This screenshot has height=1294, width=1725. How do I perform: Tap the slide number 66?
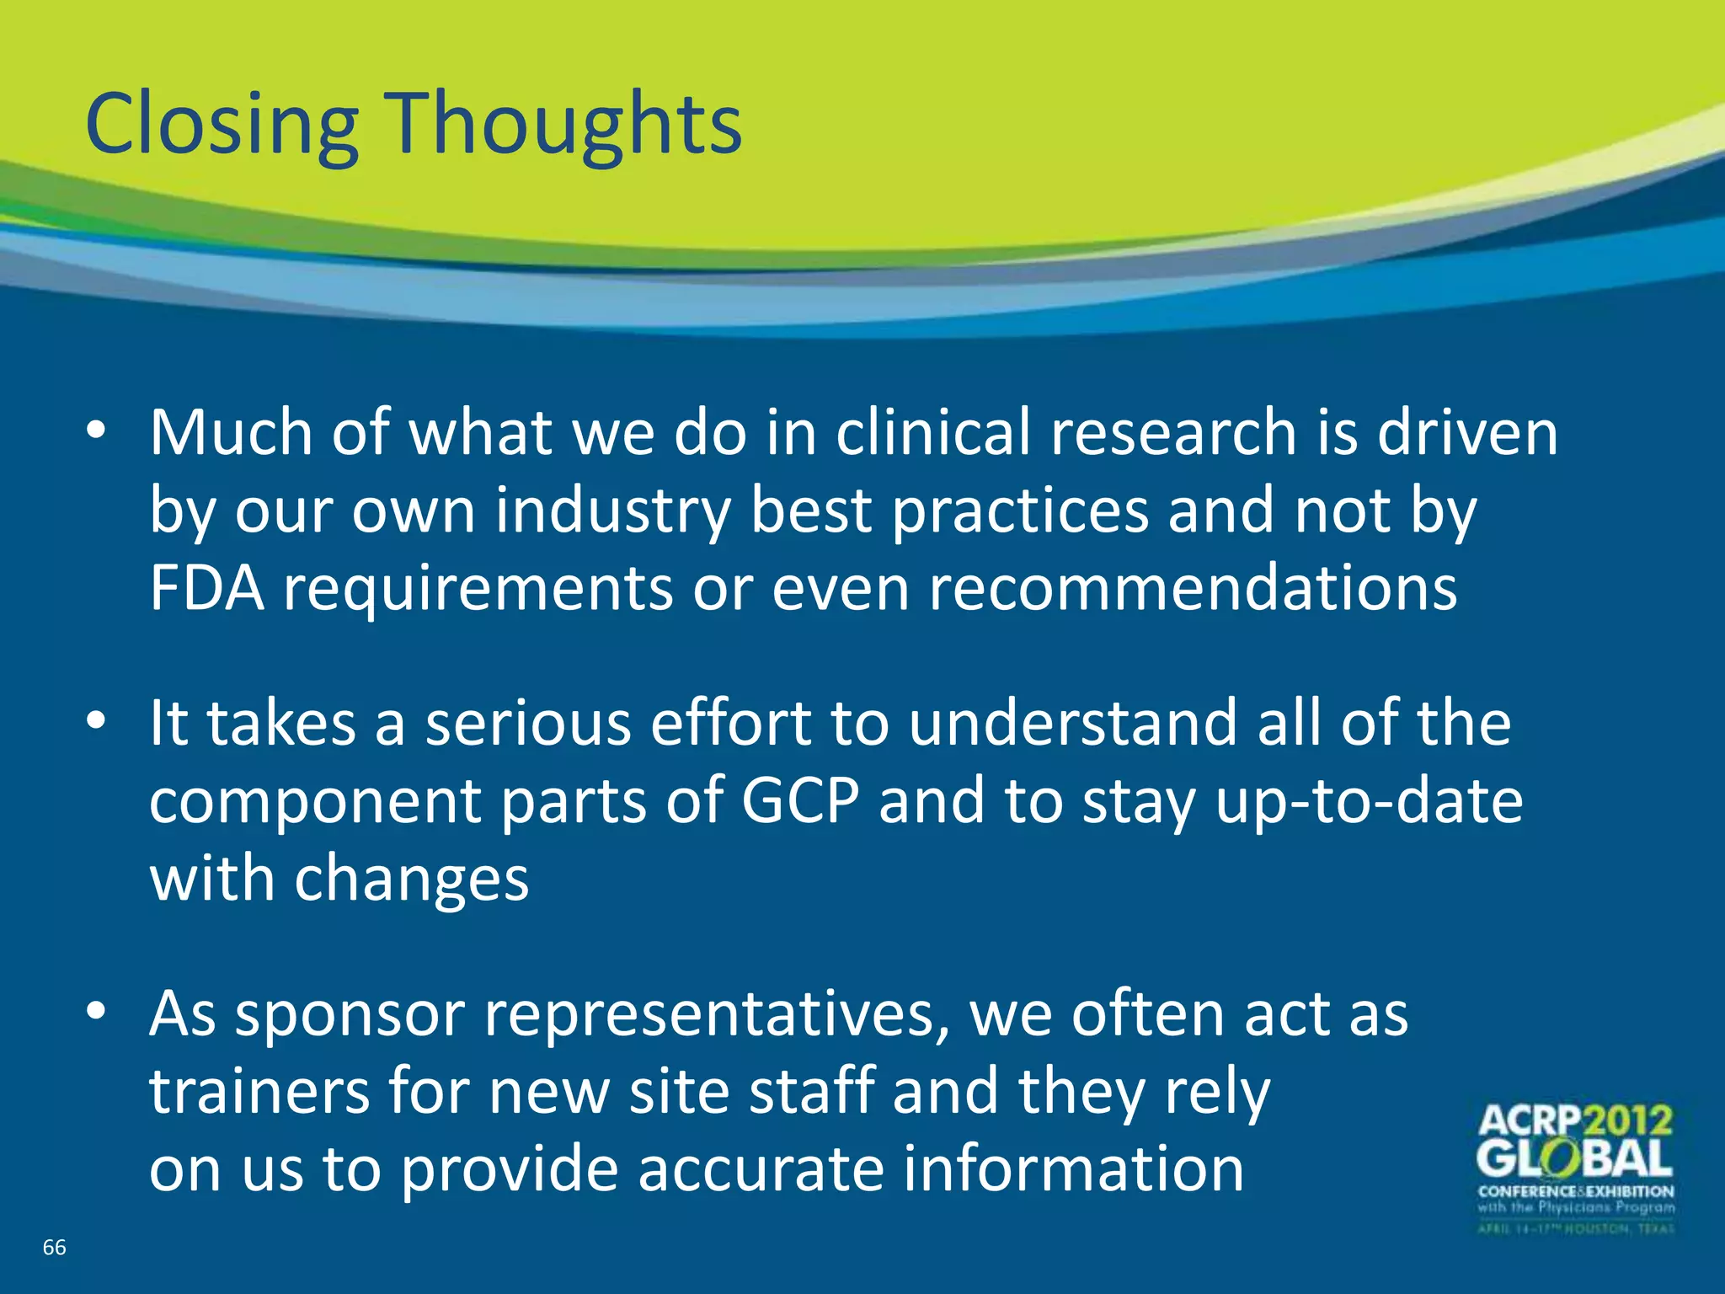tap(54, 1248)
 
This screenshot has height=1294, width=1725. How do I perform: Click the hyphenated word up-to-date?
tap(1369, 801)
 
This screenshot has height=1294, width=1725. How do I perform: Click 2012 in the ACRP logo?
tap(1627, 1121)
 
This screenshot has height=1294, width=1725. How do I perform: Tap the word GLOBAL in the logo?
tap(1574, 1160)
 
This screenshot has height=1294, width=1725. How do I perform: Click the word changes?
tap(411, 880)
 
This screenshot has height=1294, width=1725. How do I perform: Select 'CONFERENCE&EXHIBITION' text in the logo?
tap(1576, 1191)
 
